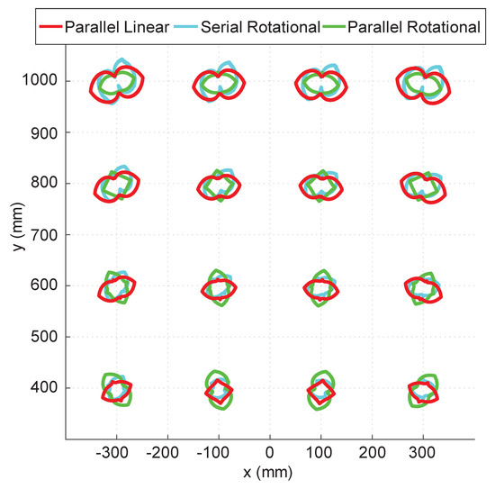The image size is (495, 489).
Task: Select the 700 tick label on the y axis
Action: click(45, 235)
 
